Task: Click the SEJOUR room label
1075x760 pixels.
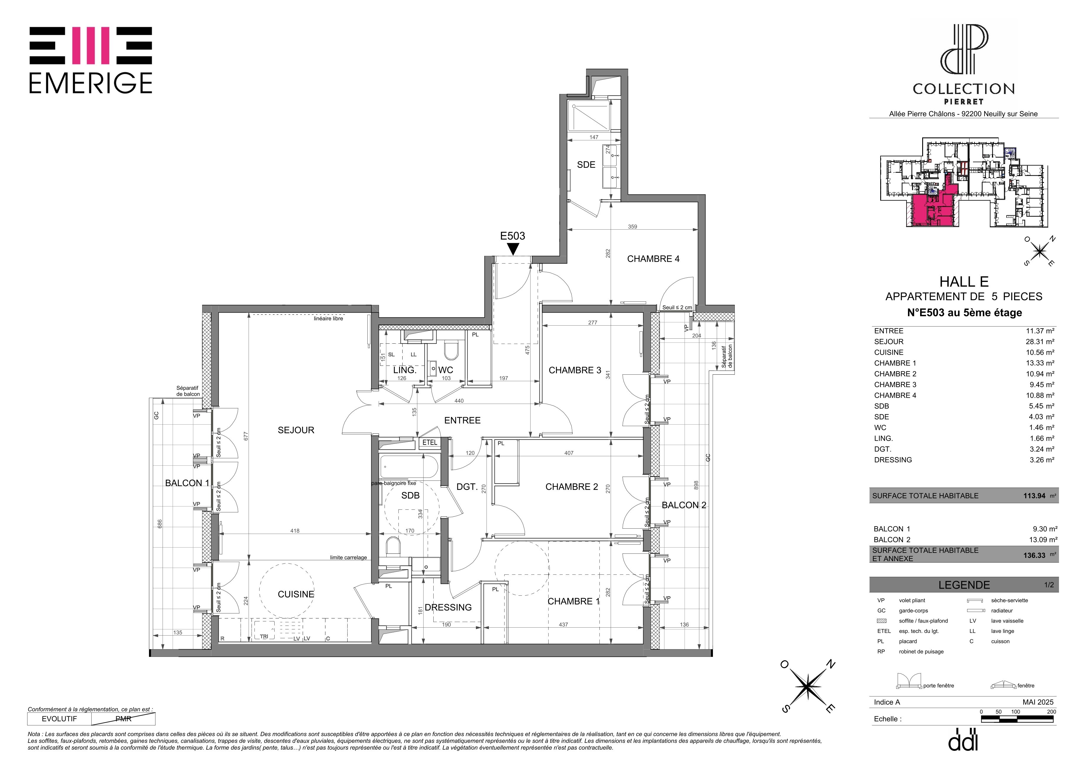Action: [x=296, y=430]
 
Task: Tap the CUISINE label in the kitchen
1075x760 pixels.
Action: [x=296, y=594]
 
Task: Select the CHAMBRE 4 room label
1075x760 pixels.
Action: [x=653, y=259]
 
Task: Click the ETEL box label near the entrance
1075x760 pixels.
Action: [x=430, y=443]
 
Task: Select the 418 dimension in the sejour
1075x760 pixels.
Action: [x=294, y=531]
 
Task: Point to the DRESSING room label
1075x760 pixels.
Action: [x=448, y=608]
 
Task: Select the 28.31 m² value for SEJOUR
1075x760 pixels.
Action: [x=1040, y=342]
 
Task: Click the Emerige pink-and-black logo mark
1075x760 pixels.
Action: [x=91, y=46]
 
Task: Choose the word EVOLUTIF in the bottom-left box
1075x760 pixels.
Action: [x=59, y=719]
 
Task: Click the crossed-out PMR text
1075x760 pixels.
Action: [x=124, y=719]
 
